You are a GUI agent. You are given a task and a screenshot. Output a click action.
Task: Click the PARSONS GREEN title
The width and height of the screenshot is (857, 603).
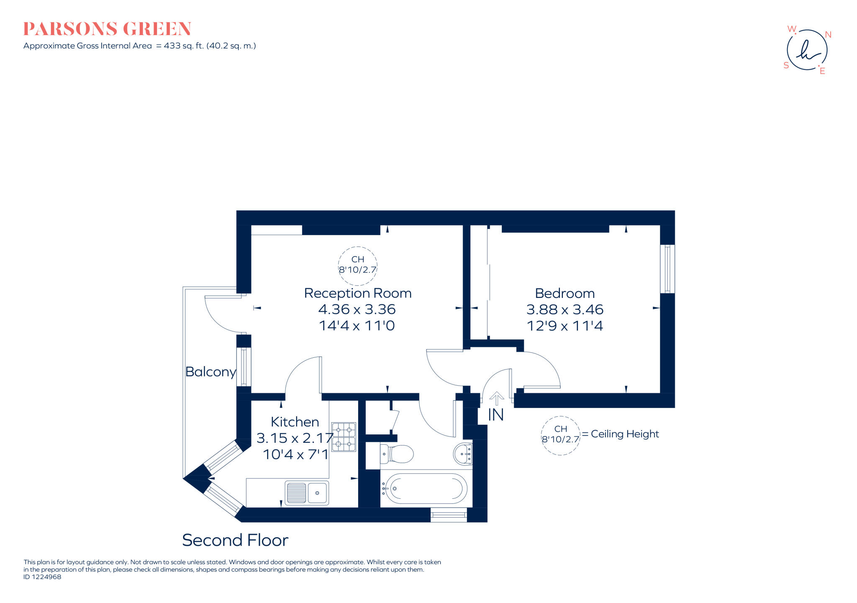tap(107, 29)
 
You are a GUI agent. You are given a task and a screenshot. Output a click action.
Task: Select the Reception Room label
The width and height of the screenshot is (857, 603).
tap(358, 293)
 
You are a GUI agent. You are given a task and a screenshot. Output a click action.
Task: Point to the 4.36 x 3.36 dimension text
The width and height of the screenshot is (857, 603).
tap(357, 309)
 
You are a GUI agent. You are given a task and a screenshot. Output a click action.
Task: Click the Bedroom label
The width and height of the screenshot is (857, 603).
tap(564, 293)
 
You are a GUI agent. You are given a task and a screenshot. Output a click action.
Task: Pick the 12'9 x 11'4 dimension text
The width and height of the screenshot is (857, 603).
tap(564, 326)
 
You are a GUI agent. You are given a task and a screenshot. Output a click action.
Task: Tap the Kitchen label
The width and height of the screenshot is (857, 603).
tap(295, 422)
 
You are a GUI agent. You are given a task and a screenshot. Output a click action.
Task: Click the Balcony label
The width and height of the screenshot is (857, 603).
tap(210, 372)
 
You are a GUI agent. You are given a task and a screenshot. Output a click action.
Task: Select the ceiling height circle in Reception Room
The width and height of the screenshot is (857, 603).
tap(357, 265)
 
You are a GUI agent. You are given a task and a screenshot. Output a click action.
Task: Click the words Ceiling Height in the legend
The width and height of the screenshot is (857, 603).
tap(624, 434)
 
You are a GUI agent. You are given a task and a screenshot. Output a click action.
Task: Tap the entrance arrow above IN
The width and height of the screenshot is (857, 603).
tap(496, 398)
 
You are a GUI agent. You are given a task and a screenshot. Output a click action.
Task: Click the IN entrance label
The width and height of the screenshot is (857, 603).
tap(496, 415)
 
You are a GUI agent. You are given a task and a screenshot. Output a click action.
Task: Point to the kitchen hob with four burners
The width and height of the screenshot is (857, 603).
tap(344, 437)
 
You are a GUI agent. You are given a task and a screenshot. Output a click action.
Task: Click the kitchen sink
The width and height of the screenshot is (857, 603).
tap(307, 493)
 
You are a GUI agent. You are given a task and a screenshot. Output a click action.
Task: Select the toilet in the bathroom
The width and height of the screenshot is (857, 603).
tap(397, 454)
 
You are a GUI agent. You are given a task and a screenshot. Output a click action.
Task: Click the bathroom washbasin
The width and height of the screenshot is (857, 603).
tap(463, 454)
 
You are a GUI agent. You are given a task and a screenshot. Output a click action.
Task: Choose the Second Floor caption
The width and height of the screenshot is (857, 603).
tap(235, 540)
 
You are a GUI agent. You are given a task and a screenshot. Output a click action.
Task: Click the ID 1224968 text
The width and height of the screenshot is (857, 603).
tap(42, 577)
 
